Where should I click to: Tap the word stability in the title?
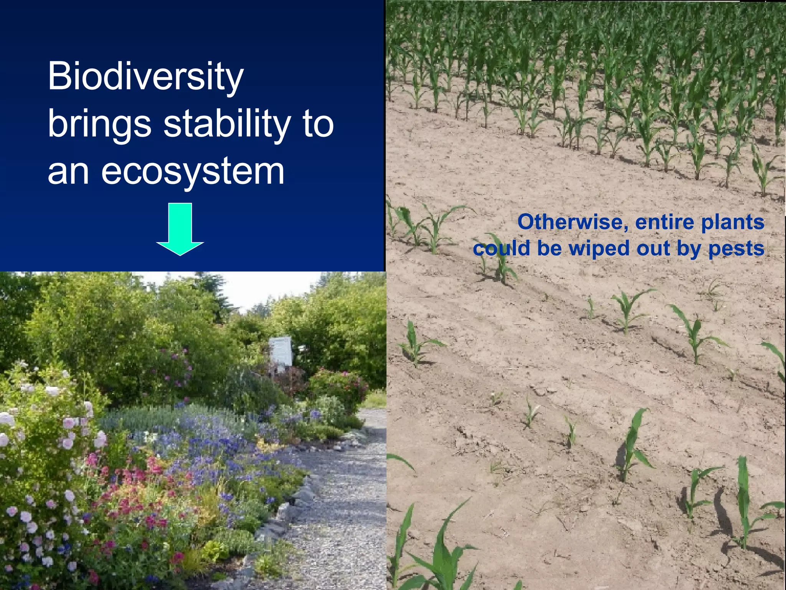(227, 124)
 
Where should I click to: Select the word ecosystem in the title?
(193, 171)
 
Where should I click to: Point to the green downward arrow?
(180, 229)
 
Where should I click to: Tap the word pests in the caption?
(736, 249)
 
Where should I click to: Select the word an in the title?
(68, 171)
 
